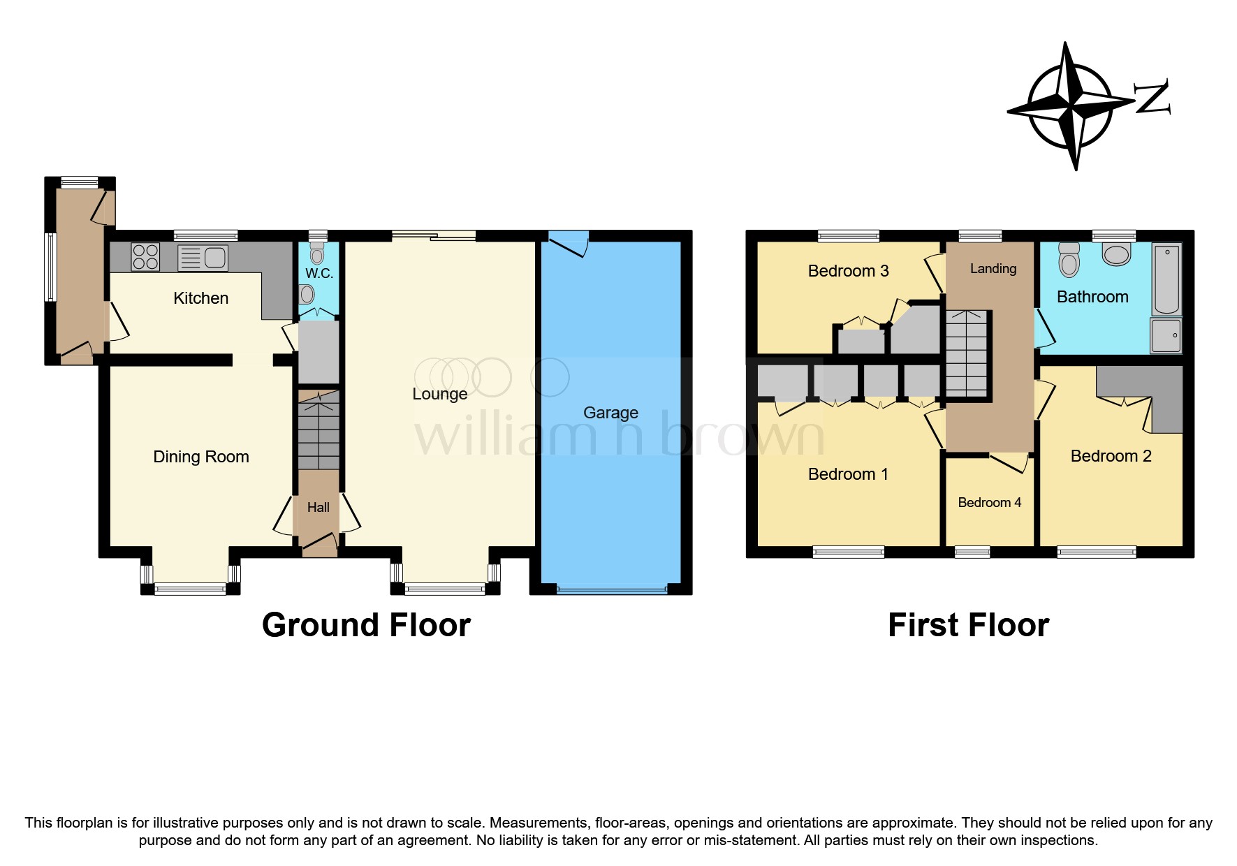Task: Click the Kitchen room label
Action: click(x=200, y=298)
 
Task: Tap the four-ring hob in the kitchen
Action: click(x=145, y=256)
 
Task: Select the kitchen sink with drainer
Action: click(x=203, y=258)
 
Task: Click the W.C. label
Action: click(x=319, y=273)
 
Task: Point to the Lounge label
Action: click(x=439, y=394)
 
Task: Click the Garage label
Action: click(x=610, y=413)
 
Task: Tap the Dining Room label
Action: click(x=200, y=457)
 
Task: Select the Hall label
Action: click(x=318, y=508)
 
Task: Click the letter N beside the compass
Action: click(x=1150, y=98)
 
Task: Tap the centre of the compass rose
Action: click(x=1071, y=107)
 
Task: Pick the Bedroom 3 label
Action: click(x=848, y=271)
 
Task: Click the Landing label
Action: click(x=993, y=269)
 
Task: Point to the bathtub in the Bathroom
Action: click(x=1166, y=279)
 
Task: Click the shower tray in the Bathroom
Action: click(x=1166, y=335)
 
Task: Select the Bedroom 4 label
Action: click(x=989, y=503)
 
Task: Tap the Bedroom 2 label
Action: click(x=1111, y=456)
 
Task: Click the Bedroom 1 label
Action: click(x=848, y=474)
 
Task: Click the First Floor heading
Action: click(x=968, y=625)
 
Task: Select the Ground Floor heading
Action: click(x=366, y=625)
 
